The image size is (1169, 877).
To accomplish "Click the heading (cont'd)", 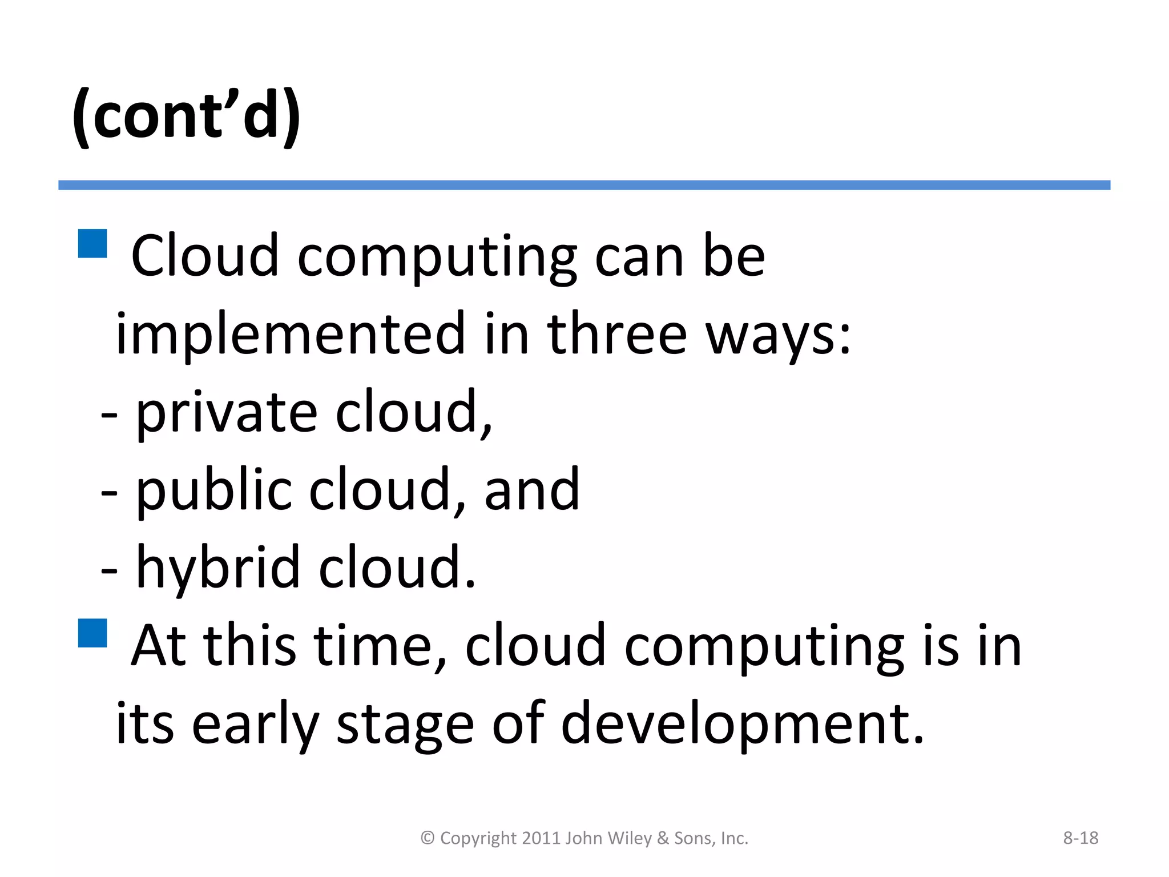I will [x=186, y=116].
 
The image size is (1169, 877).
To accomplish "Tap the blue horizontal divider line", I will [x=584, y=185].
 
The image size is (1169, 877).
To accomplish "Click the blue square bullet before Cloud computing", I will [x=92, y=244].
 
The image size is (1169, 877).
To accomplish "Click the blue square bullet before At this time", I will [x=92, y=633].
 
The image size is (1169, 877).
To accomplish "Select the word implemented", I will [x=291, y=334].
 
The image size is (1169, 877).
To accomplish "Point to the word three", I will [x=616, y=334].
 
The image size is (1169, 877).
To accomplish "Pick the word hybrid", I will [x=217, y=569].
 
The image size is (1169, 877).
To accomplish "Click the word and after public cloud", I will [x=531, y=490].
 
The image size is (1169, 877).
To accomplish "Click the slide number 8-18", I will [x=1080, y=838].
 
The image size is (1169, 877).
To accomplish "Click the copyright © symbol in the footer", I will [x=428, y=838].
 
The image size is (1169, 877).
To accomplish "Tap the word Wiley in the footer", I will [x=630, y=838].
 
